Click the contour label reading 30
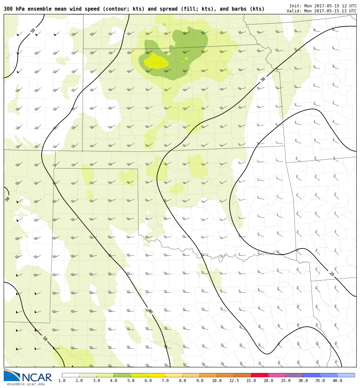coord(263,79)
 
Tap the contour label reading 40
coord(150,311)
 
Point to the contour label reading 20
coord(331,274)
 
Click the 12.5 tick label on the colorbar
coord(234,381)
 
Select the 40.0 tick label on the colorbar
coord(337,381)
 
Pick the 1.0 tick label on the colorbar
coord(62,381)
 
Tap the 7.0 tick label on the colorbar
coord(165,381)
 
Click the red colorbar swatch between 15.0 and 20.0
coord(260,375)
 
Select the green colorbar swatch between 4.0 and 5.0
coord(122,375)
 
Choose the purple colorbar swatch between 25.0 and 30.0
coord(294,375)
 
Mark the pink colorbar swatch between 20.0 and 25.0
coord(277,375)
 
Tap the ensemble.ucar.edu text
coord(26,384)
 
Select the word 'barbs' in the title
coord(237,9)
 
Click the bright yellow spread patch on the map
coord(156,61)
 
